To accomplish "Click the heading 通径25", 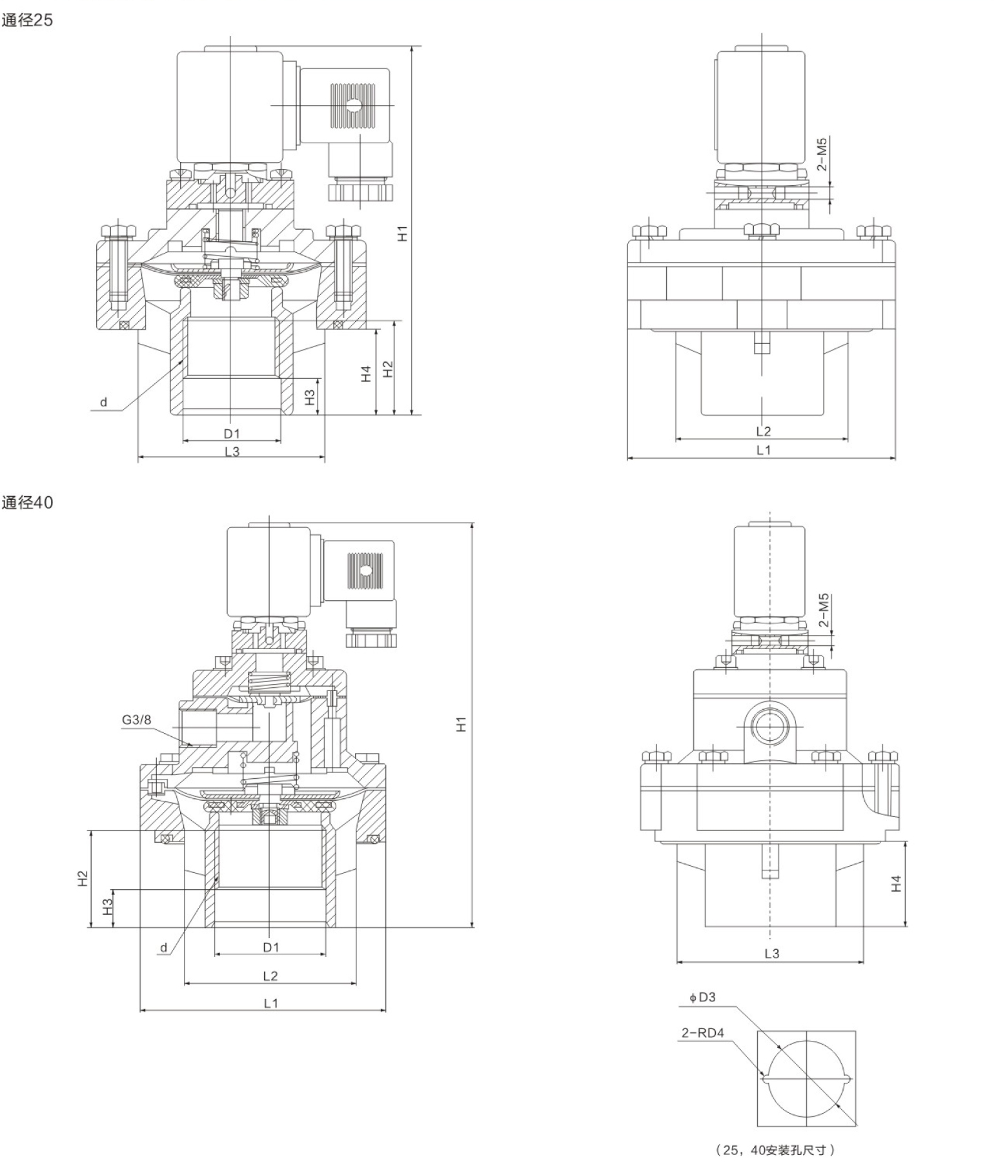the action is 27,20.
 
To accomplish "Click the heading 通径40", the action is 27,502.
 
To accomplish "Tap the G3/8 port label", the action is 136,719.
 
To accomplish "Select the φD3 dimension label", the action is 702,998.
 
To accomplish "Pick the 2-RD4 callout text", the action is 702,1033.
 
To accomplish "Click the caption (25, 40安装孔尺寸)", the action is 775,1149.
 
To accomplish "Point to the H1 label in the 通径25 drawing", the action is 403,233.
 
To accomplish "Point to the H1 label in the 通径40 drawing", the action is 460,724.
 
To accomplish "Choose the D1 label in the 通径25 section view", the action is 232,434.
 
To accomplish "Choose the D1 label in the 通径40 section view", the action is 271,947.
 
